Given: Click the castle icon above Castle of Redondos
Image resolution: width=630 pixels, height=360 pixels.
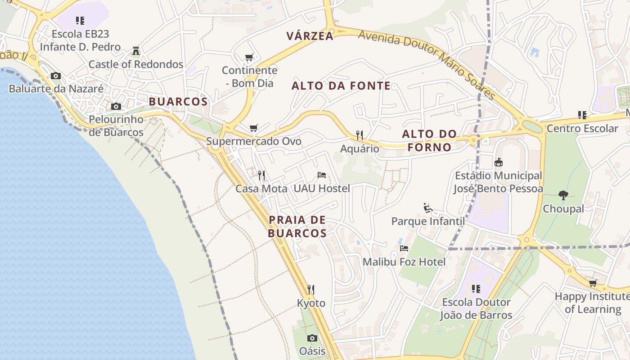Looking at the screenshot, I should click(136, 50).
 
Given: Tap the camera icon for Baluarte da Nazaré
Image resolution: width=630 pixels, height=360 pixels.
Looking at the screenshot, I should click(56, 76).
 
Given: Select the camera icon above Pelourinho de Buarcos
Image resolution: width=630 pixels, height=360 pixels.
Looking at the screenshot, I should click(116, 106).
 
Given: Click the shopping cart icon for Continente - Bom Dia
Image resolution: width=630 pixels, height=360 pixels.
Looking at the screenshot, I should click(249, 57).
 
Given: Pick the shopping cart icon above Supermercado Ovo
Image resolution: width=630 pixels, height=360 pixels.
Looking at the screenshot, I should click(254, 128).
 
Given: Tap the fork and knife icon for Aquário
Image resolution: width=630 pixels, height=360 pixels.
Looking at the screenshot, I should click(359, 135).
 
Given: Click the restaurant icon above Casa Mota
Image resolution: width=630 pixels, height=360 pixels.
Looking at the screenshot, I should click(261, 175).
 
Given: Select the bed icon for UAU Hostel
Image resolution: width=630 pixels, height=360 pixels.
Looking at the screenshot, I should click(321, 175).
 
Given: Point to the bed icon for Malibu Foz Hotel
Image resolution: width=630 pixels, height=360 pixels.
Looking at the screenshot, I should click(404, 248).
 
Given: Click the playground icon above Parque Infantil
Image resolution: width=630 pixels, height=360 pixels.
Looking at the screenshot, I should click(428, 208).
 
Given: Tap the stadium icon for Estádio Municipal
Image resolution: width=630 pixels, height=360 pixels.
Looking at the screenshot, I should click(498, 162).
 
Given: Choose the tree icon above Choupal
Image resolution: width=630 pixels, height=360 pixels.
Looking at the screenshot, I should click(563, 195).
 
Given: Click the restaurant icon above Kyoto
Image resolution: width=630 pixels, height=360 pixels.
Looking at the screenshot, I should click(310, 289).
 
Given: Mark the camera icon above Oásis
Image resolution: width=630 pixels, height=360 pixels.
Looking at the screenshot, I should click(312, 338).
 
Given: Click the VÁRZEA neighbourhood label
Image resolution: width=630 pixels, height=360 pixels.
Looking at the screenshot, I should click(310, 36).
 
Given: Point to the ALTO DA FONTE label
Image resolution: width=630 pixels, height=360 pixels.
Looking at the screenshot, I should click(341, 86).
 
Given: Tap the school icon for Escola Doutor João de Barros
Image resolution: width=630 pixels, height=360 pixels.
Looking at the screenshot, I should click(476, 288).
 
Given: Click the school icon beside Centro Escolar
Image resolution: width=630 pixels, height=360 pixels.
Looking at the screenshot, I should click(582, 115).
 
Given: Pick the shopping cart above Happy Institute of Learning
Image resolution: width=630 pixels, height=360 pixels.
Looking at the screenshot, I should click(593, 283).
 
